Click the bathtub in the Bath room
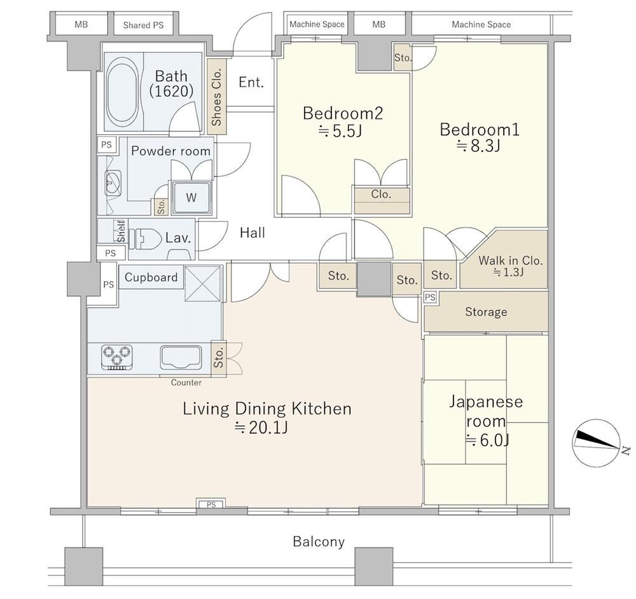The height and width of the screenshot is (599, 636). click(x=122, y=92)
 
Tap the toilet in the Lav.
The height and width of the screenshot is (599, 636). click(x=142, y=238)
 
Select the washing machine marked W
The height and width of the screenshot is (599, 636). click(x=191, y=198)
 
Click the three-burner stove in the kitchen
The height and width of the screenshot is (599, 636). click(x=117, y=357)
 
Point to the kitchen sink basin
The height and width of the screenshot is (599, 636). click(x=181, y=357)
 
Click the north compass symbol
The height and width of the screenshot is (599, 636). click(x=597, y=443)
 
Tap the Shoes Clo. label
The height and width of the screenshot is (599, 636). click(x=217, y=97)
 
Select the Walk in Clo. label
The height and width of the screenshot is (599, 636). click(x=510, y=260)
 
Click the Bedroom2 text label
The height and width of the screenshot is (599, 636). click(x=343, y=113)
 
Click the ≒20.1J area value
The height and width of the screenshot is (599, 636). click(x=262, y=428)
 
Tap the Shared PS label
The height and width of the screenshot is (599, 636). click(x=143, y=25)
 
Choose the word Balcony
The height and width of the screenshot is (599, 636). click(x=319, y=541)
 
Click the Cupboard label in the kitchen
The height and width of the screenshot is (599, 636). click(x=151, y=277)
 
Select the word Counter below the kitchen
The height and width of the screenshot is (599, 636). click(x=186, y=382)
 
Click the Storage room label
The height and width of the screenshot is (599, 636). click(x=486, y=312)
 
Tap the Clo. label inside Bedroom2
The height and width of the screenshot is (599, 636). click(x=381, y=194)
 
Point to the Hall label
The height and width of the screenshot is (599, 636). click(x=252, y=233)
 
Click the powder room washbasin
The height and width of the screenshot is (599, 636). click(x=113, y=183)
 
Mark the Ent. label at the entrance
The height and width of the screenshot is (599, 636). click(x=251, y=82)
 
